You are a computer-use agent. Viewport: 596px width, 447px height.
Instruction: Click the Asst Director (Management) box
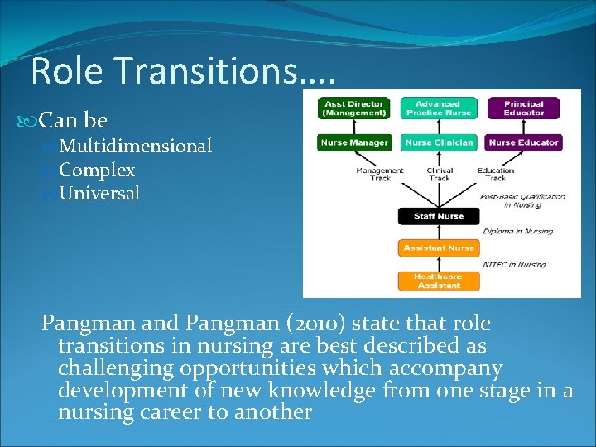[354, 108]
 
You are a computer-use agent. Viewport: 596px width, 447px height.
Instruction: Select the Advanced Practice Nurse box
[440, 108]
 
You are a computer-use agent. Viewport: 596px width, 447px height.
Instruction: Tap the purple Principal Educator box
[523, 108]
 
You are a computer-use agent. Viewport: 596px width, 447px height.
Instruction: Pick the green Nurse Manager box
[354, 142]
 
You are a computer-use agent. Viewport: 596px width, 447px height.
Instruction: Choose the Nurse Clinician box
[440, 142]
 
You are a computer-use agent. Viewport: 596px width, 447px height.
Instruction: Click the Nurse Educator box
[523, 142]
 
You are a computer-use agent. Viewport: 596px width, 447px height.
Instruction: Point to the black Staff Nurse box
[439, 216]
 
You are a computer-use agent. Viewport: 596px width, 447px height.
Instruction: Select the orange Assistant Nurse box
[439, 248]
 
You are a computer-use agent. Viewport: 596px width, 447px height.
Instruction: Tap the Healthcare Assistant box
[439, 281]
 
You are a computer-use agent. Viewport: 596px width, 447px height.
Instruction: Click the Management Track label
[379, 175]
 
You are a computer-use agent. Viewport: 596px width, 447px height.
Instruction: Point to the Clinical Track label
[440, 175]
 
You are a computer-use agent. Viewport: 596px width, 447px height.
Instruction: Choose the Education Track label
[496, 175]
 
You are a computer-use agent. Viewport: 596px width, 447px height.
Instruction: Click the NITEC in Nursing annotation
[514, 264]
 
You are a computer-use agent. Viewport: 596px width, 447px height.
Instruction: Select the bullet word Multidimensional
[136, 147]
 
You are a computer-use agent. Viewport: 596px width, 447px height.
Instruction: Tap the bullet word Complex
[97, 171]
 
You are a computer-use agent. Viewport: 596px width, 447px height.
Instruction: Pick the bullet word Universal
[99, 195]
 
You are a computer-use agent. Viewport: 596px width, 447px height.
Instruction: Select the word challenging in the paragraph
[119, 368]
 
